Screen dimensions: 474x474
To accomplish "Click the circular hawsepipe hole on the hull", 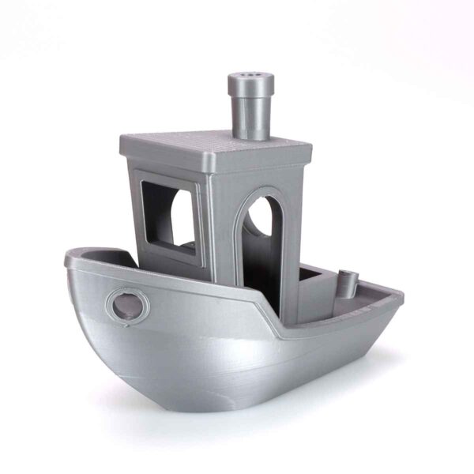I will click(124, 305).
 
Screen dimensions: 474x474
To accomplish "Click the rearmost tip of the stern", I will click(401, 299).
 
